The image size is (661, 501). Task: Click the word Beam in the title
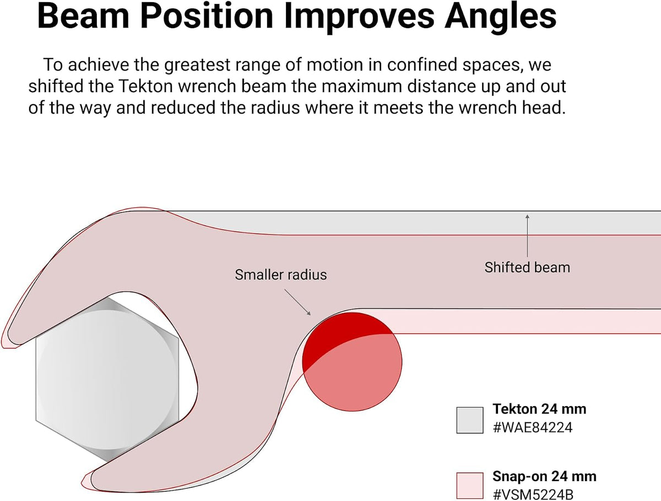click(83, 15)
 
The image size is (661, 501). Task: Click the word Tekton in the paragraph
click(146, 86)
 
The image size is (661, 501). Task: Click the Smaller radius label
click(281, 275)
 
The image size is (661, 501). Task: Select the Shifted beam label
click(527, 267)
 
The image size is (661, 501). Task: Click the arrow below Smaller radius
click(297, 302)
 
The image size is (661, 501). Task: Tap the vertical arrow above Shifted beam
click(527, 235)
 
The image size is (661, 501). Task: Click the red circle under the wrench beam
click(352, 362)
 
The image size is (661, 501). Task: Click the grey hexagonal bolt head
click(107, 380)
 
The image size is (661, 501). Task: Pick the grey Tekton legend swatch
click(470, 421)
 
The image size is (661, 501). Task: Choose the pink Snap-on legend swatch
click(470, 486)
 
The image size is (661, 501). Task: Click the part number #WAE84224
click(533, 428)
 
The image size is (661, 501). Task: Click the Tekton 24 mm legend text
click(539, 409)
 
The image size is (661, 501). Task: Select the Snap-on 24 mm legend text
click(544, 477)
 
